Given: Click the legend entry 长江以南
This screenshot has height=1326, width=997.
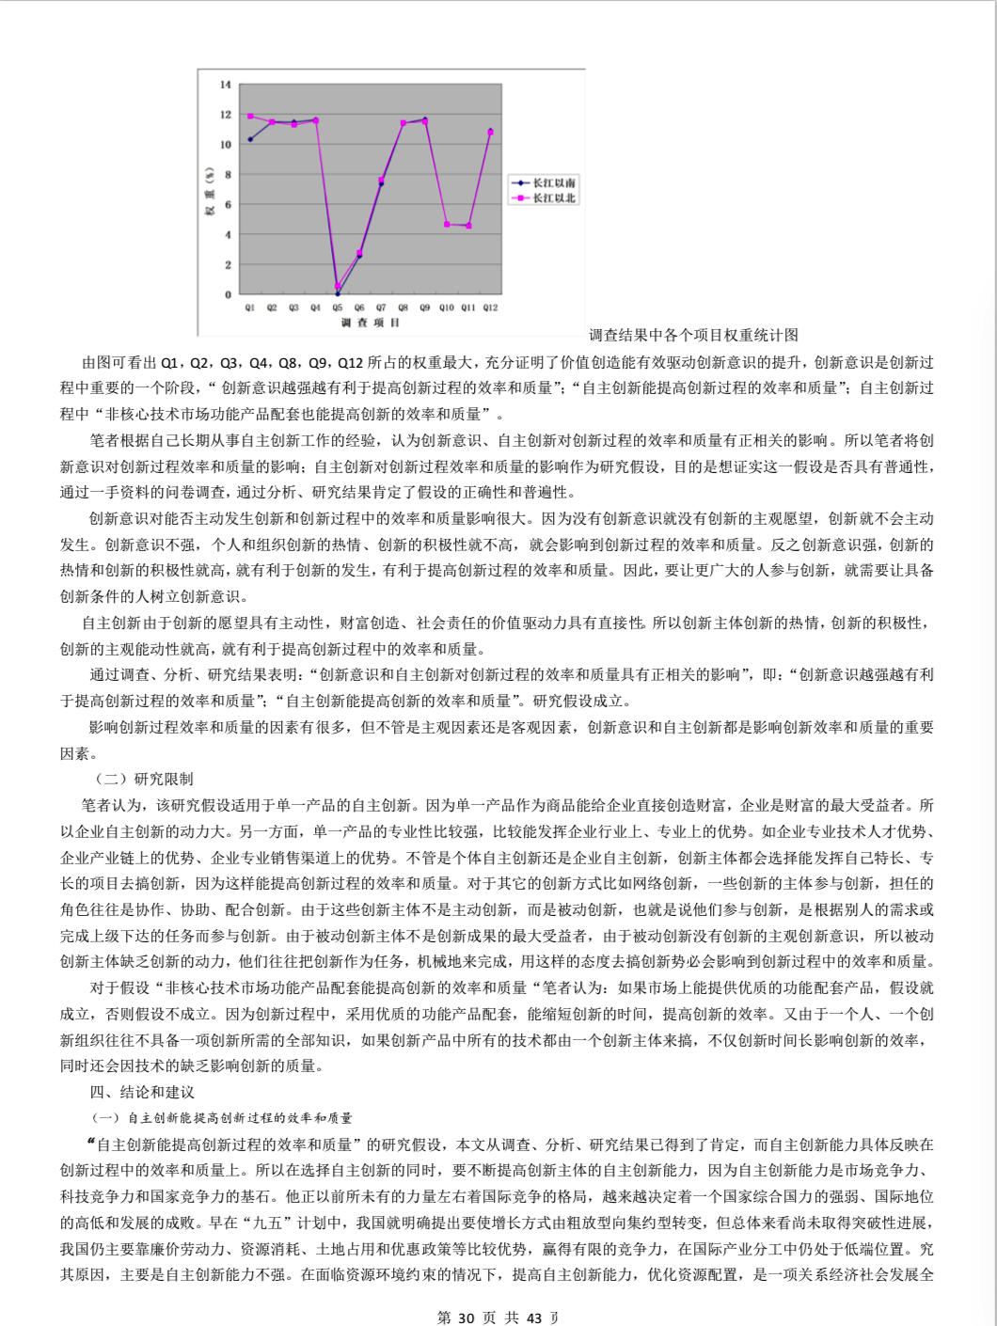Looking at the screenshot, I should pos(554,182).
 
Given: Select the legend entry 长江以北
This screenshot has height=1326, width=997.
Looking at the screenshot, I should pos(554,197).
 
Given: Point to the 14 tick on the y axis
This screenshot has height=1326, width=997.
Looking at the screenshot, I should pos(226,85).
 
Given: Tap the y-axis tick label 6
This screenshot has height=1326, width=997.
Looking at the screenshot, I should pos(227,205).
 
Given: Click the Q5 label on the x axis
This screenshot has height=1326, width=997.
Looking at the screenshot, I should pos(338,308).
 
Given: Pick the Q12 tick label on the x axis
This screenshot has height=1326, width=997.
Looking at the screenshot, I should pos(490,308).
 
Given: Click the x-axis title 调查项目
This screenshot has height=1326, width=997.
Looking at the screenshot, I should pos(371,323).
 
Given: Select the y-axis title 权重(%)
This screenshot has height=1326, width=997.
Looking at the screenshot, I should pos(211,191).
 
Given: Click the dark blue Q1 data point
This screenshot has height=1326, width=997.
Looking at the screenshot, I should pos(250,139).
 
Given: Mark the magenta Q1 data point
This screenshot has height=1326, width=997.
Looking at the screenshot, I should pos(250,117).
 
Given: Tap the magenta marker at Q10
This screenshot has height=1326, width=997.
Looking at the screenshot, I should pos(447,225).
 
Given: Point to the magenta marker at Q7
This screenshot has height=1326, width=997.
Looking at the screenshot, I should pos(381,180).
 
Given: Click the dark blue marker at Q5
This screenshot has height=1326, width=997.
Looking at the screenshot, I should pos(338,293).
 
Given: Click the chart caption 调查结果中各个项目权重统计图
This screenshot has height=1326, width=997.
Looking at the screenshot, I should pos(694,335).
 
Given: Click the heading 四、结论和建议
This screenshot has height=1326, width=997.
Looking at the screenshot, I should pos(142,1092).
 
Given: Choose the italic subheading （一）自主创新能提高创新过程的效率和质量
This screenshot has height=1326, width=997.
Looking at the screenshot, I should pos(222,1117).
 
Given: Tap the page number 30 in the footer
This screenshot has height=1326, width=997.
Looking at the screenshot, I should pos(466,1318).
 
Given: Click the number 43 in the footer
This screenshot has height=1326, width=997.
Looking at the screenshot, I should pos(534,1318).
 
